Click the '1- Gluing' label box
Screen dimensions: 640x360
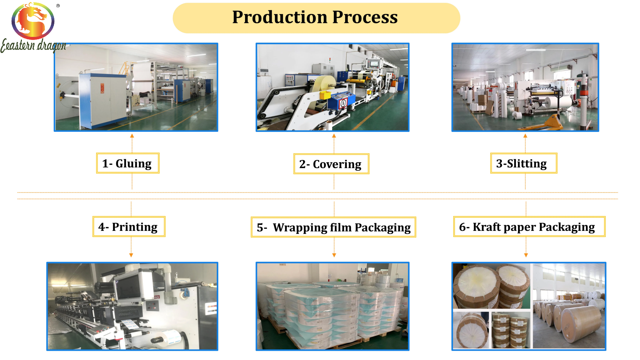point(128,163)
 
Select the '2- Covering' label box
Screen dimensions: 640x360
point(331,164)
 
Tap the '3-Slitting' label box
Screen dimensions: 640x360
point(523,163)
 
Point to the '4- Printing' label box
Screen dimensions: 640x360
point(129,227)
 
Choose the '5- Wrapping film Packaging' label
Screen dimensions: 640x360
point(333,227)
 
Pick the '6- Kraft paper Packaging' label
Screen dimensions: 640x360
point(529,227)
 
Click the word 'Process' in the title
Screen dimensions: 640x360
point(365,17)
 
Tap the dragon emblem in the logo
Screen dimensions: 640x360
point(33,21)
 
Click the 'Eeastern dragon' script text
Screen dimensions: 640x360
point(33,45)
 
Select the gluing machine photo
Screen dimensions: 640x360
point(136,87)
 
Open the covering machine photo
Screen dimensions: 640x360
point(332,87)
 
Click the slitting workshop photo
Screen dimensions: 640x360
point(525,87)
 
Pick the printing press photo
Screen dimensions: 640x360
point(132,306)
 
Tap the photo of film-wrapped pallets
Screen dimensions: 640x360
point(332,306)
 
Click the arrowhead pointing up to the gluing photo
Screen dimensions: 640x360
point(132,136)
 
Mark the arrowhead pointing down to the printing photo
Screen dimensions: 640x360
point(131,255)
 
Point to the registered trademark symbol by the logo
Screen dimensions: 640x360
point(58,5)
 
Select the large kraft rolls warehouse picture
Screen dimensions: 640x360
point(569,306)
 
